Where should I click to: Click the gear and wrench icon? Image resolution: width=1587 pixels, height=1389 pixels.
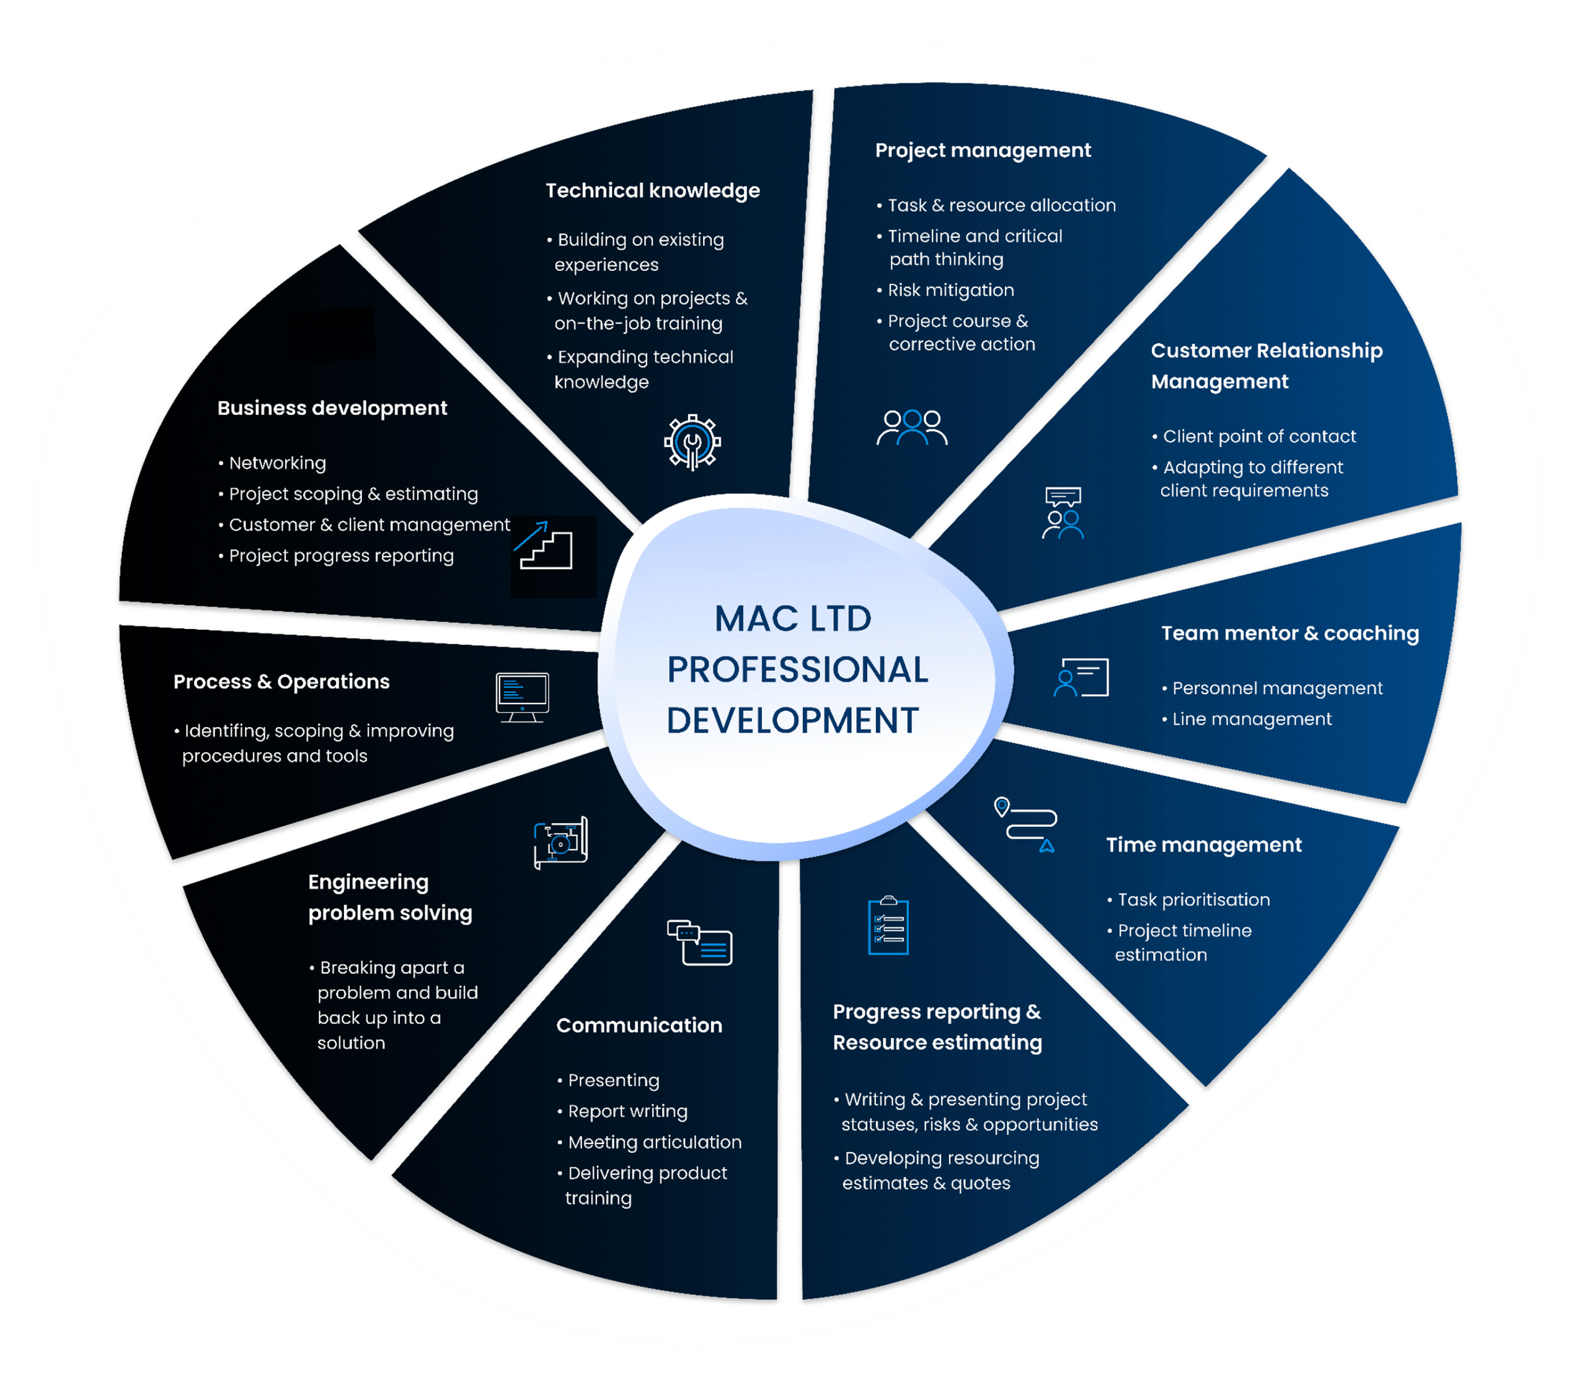(x=692, y=443)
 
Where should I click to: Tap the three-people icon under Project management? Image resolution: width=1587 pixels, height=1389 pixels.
(x=912, y=428)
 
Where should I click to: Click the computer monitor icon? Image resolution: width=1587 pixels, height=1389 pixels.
(x=523, y=697)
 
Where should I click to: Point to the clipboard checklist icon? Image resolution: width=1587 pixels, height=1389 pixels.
(x=888, y=925)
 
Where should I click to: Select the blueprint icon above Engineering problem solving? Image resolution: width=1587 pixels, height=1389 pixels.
(x=560, y=842)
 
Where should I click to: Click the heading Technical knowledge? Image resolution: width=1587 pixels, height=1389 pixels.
(x=652, y=191)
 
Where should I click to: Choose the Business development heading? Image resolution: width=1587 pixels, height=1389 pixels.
(x=332, y=408)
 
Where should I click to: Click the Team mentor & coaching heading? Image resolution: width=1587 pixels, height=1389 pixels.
(x=1289, y=633)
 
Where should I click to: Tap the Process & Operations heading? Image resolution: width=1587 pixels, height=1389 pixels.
(x=281, y=682)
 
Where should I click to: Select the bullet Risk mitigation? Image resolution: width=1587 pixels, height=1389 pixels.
(x=950, y=291)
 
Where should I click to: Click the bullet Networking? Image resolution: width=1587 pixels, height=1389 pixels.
(x=276, y=464)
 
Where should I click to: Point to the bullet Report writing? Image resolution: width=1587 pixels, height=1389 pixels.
(x=627, y=1111)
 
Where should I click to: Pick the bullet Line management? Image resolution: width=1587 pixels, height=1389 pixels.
(x=1250, y=720)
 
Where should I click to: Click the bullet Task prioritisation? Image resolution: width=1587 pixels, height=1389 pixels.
(x=1193, y=900)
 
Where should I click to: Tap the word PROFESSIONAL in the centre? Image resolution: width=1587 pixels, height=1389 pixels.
(x=797, y=669)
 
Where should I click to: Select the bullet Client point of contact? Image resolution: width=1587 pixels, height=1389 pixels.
(x=1258, y=436)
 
